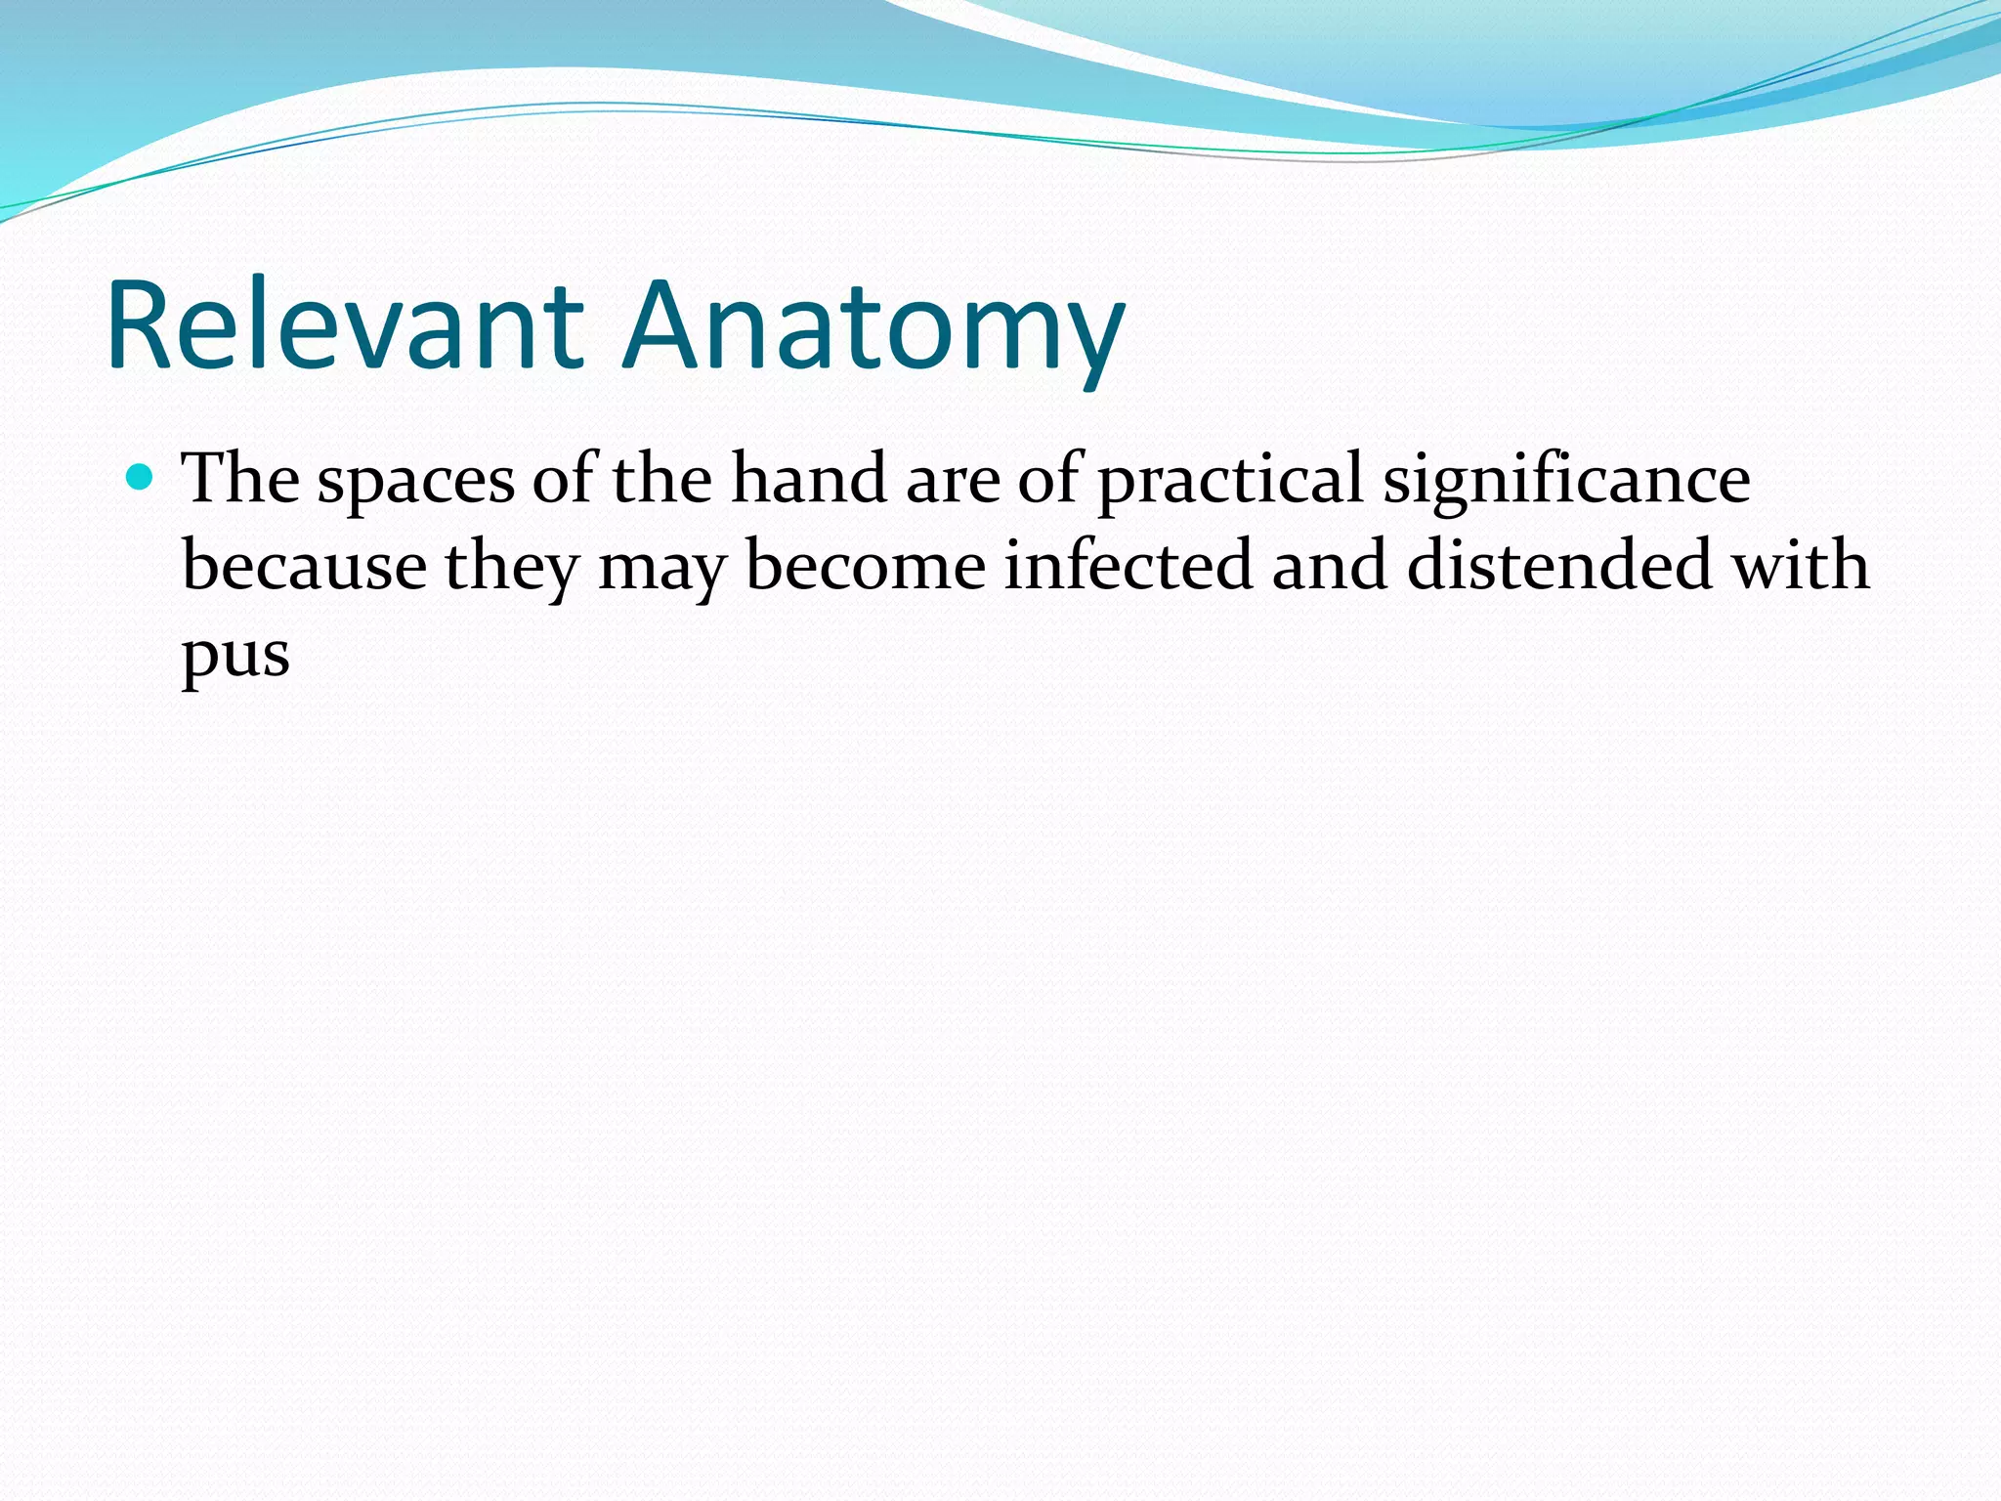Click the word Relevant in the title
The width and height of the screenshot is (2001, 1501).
click(345, 326)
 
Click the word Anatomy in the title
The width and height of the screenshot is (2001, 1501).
click(873, 326)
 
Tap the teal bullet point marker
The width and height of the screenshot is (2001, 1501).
click(141, 477)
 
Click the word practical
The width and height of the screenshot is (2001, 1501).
click(1230, 481)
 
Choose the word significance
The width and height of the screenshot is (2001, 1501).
click(1565, 481)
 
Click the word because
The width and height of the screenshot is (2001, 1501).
click(304, 567)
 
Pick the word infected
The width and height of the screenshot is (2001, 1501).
click(1128, 567)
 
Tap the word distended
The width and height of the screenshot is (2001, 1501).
click(1559, 567)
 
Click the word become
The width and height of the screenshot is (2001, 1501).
click(866, 567)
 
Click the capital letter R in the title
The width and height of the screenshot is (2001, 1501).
click(138, 326)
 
